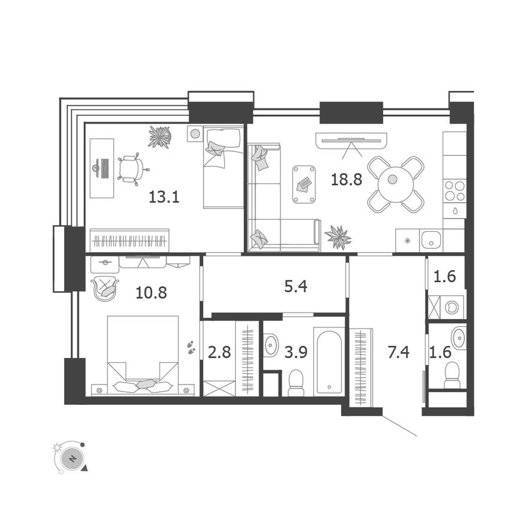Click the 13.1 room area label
pyautogui.click(x=164, y=196)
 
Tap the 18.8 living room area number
pyautogui.click(x=346, y=178)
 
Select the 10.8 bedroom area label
pyautogui.click(x=152, y=293)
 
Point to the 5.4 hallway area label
pyautogui.click(x=295, y=287)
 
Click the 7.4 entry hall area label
pyautogui.click(x=398, y=352)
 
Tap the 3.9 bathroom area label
pyautogui.click(x=295, y=352)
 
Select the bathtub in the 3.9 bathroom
pyautogui.click(x=329, y=361)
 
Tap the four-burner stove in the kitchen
pyautogui.click(x=454, y=190)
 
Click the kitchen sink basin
pyautogui.click(x=431, y=241)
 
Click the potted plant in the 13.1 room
pyautogui.click(x=160, y=137)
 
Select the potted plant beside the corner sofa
pyautogui.click(x=338, y=237)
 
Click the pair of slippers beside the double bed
pyautogui.click(x=191, y=347)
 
